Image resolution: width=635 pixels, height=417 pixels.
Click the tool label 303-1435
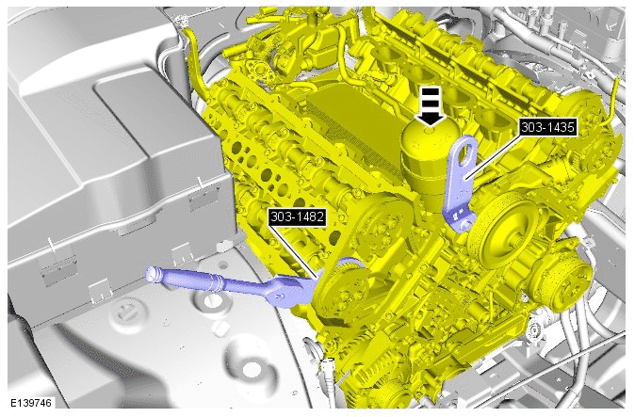click(x=547, y=128)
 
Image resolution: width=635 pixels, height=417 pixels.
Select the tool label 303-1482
click(x=298, y=217)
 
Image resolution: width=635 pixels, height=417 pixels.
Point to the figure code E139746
click(x=31, y=403)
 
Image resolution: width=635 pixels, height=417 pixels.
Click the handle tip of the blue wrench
click(x=151, y=273)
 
